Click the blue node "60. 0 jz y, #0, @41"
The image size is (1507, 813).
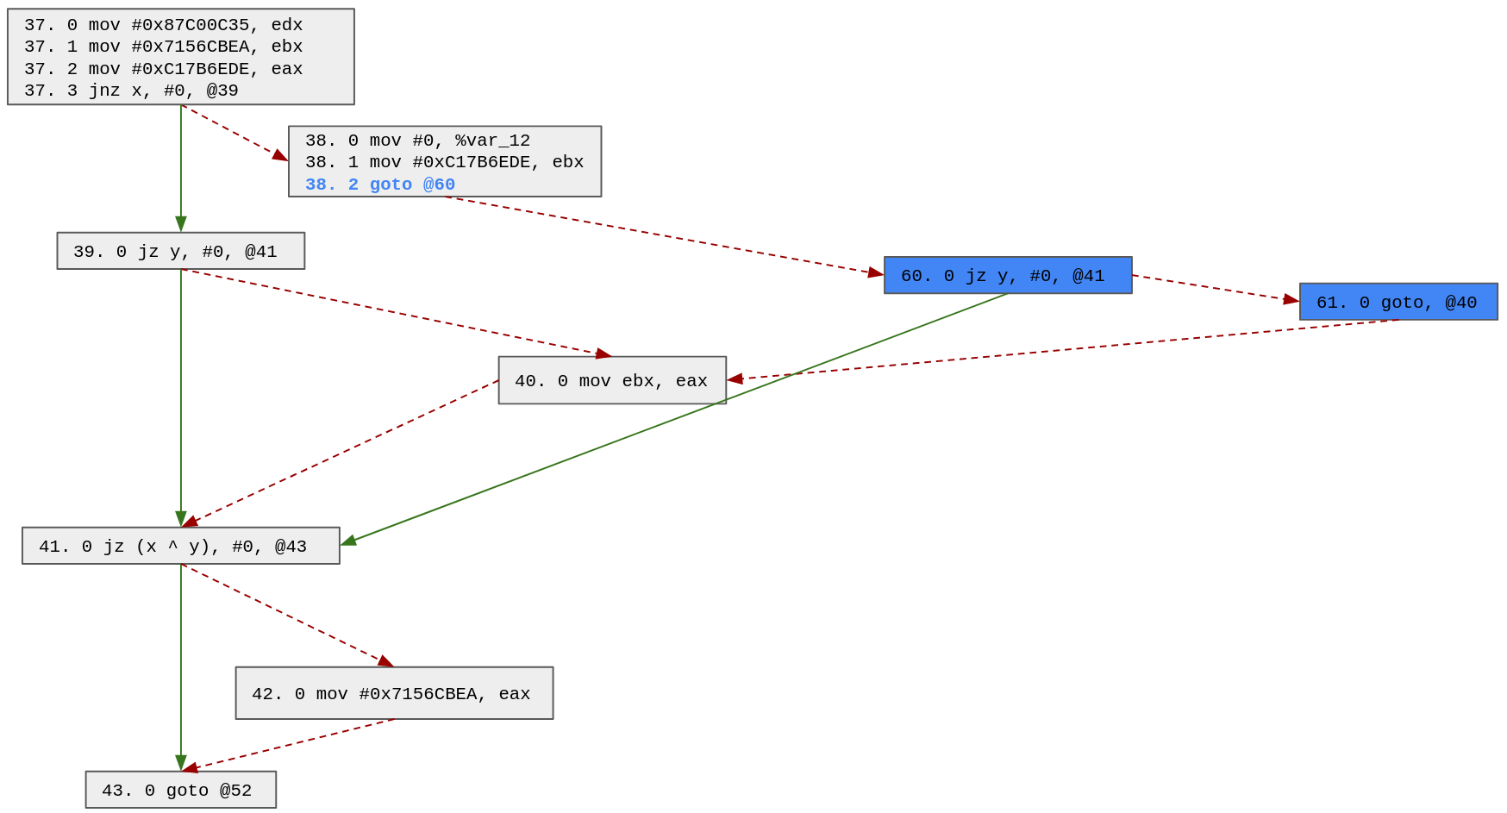coord(1007,275)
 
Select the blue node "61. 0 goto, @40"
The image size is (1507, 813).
coord(1398,302)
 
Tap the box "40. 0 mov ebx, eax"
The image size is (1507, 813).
coord(611,380)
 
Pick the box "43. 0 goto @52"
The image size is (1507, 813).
coord(180,790)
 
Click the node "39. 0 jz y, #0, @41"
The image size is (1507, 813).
coord(180,251)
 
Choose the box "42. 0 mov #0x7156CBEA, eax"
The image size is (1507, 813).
coord(394,693)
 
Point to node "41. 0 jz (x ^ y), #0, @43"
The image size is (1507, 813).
coord(180,546)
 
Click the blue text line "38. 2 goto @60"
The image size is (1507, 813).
coord(379,184)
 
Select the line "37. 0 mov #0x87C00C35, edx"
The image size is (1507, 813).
coord(163,25)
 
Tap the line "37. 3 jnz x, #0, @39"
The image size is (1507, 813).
coord(131,91)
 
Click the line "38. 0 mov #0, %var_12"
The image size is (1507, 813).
coord(417,141)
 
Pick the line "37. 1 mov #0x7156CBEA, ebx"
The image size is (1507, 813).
coord(163,47)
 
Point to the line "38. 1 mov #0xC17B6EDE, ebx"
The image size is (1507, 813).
coord(444,162)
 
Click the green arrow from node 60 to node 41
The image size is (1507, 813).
coord(672,419)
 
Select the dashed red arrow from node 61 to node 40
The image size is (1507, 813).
coord(1060,350)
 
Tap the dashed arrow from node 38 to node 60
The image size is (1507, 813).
coord(664,235)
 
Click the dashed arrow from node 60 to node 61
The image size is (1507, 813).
coord(1216,288)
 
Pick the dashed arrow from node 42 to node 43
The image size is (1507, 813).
coord(289,745)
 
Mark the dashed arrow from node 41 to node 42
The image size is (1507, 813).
coord(285,614)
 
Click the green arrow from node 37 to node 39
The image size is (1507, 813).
coord(181,168)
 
